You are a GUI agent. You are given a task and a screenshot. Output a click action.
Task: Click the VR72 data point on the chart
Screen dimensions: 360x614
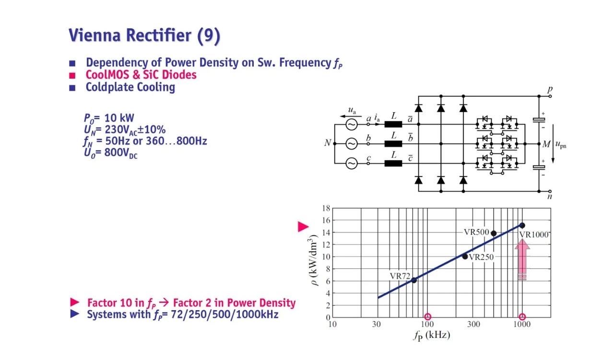pyautogui.click(x=414, y=280)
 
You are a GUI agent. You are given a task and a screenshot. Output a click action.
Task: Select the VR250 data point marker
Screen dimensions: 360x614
pyautogui.click(x=465, y=256)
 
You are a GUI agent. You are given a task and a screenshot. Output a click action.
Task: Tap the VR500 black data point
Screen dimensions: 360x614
pyautogui.click(x=494, y=233)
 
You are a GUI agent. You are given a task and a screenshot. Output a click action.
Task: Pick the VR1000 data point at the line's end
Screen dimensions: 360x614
pyautogui.click(x=522, y=225)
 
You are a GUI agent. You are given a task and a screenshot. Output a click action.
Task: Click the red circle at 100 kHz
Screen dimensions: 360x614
pyautogui.click(x=428, y=317)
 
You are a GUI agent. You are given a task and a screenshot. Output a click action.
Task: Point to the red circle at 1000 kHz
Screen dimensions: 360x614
pyautogui.click(x=522, y=317)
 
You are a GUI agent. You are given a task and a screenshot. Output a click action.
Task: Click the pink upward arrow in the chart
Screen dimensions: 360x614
pyautogui.click(x=522, y=259)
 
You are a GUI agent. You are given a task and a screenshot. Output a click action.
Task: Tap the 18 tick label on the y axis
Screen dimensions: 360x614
pyautogui.click(x=326, y=209)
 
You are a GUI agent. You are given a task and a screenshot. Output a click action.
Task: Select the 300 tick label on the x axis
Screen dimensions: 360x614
pyautogui.click(x=473, y=325)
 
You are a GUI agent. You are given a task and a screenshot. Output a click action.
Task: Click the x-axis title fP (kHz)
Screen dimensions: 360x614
pyautogui.click(x=431, y=335)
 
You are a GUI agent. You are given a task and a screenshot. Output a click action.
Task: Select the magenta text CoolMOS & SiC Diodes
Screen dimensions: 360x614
pyautogui.click(x=141, y=75)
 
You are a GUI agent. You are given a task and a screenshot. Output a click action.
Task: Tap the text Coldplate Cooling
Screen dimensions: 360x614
pyautogui.click(x=130, y=87)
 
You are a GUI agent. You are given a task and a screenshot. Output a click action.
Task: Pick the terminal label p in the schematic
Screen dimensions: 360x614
pyautogui.click(x=550, y=90)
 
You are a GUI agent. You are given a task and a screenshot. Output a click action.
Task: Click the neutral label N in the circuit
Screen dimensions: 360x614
pyautogui.click(x=327, y=143)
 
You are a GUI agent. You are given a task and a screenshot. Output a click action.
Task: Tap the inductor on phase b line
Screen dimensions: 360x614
pyautogui.click(x=393, y=144)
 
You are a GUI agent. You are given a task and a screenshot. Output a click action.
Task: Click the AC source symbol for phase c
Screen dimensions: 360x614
pyautogui.click(x=352, y=163)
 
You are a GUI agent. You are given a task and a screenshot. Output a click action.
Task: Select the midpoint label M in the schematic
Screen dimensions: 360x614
pyautogui.click(x=545, y=144)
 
